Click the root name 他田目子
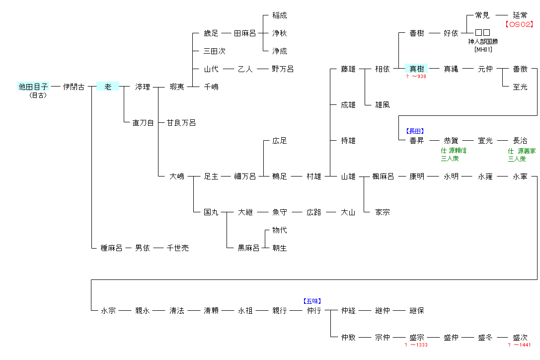click(34, 87)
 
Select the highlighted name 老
click(108, 87)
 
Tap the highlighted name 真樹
click(416, 69)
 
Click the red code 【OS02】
click(519, 24)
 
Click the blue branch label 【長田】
click(415, 131)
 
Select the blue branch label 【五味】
click(312, 301)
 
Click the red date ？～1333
click(416, 345)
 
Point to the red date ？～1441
click(519, 345)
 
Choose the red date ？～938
click(416, 77)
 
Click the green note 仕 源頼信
click(454, 151)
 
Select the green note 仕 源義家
click(521, 151)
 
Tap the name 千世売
click(177, 248)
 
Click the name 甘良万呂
click(181, 122)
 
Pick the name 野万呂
click(283, 69)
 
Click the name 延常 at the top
click(520, 15)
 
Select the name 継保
click(416, 310)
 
